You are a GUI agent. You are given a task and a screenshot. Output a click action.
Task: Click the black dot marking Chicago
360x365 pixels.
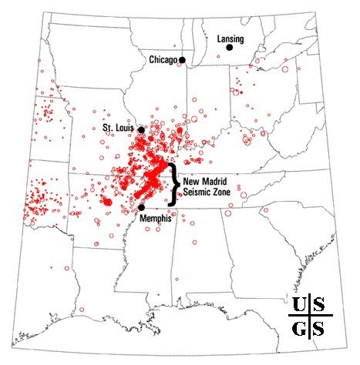(x=183, y=59)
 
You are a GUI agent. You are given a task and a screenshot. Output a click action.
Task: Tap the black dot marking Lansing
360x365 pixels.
(x=229, y=48)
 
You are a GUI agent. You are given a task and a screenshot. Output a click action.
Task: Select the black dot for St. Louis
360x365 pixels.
(x=141, y=129)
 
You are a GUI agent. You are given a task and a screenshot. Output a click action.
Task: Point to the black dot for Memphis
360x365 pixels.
(x=141, y=206)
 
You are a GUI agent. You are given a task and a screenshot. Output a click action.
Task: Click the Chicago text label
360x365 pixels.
(x=162, y=59)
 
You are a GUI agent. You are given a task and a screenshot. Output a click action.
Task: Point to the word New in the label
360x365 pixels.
(x=190, y=180)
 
